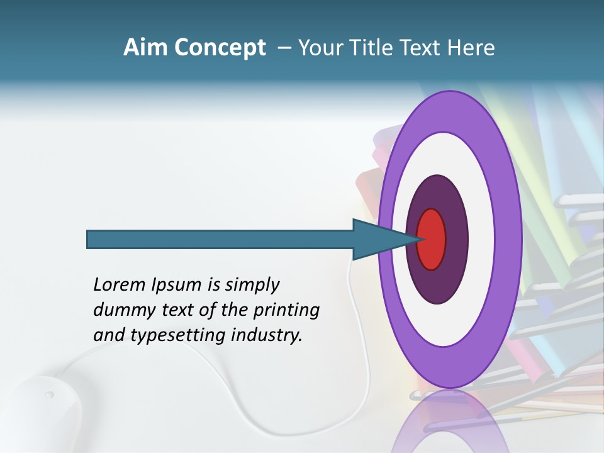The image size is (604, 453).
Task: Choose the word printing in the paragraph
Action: [288, 311]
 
